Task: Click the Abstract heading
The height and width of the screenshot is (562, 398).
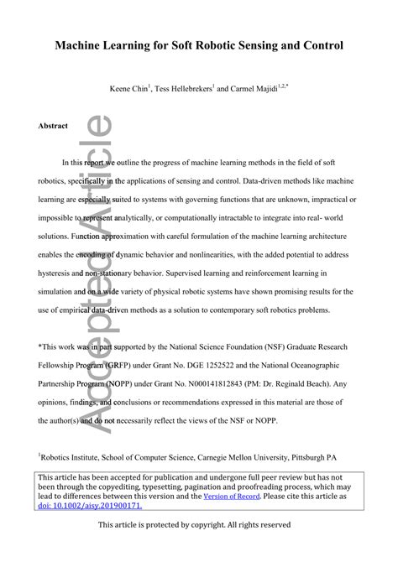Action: coord(53,126)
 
